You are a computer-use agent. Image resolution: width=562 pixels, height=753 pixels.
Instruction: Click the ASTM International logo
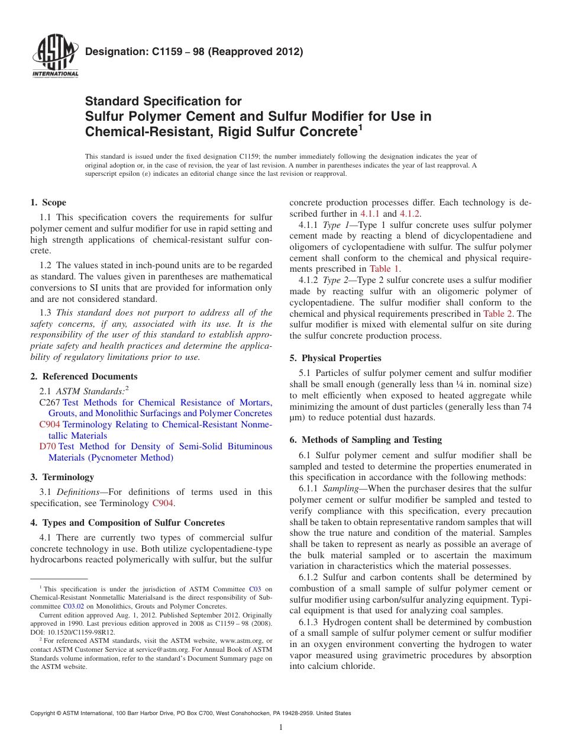(x=55, y=57)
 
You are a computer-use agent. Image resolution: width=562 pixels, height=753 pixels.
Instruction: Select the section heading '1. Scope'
(x=48, y=202)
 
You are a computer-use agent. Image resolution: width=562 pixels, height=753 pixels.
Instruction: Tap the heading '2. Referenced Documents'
(x=83, y=376)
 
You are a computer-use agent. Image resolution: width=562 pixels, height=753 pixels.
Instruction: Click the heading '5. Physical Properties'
(x=335, y=358)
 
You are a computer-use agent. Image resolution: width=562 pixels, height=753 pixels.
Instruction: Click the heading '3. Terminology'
(x=62, y=477)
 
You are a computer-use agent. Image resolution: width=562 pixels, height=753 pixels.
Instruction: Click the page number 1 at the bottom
(x=281, y=728)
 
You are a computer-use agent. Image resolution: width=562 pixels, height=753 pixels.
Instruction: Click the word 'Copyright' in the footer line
(x=43, y=713)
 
